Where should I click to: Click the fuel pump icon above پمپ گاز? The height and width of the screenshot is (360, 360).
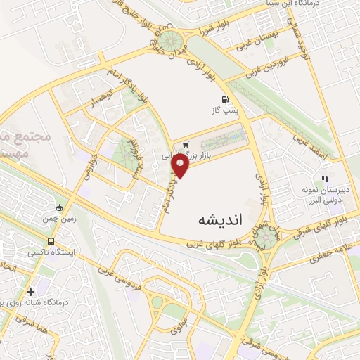point(225,99)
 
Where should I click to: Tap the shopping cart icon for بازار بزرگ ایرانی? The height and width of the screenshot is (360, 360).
point(185,146)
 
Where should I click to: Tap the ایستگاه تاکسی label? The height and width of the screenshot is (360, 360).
point(54,251)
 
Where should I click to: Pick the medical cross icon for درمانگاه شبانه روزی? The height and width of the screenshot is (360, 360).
point(30,292)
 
